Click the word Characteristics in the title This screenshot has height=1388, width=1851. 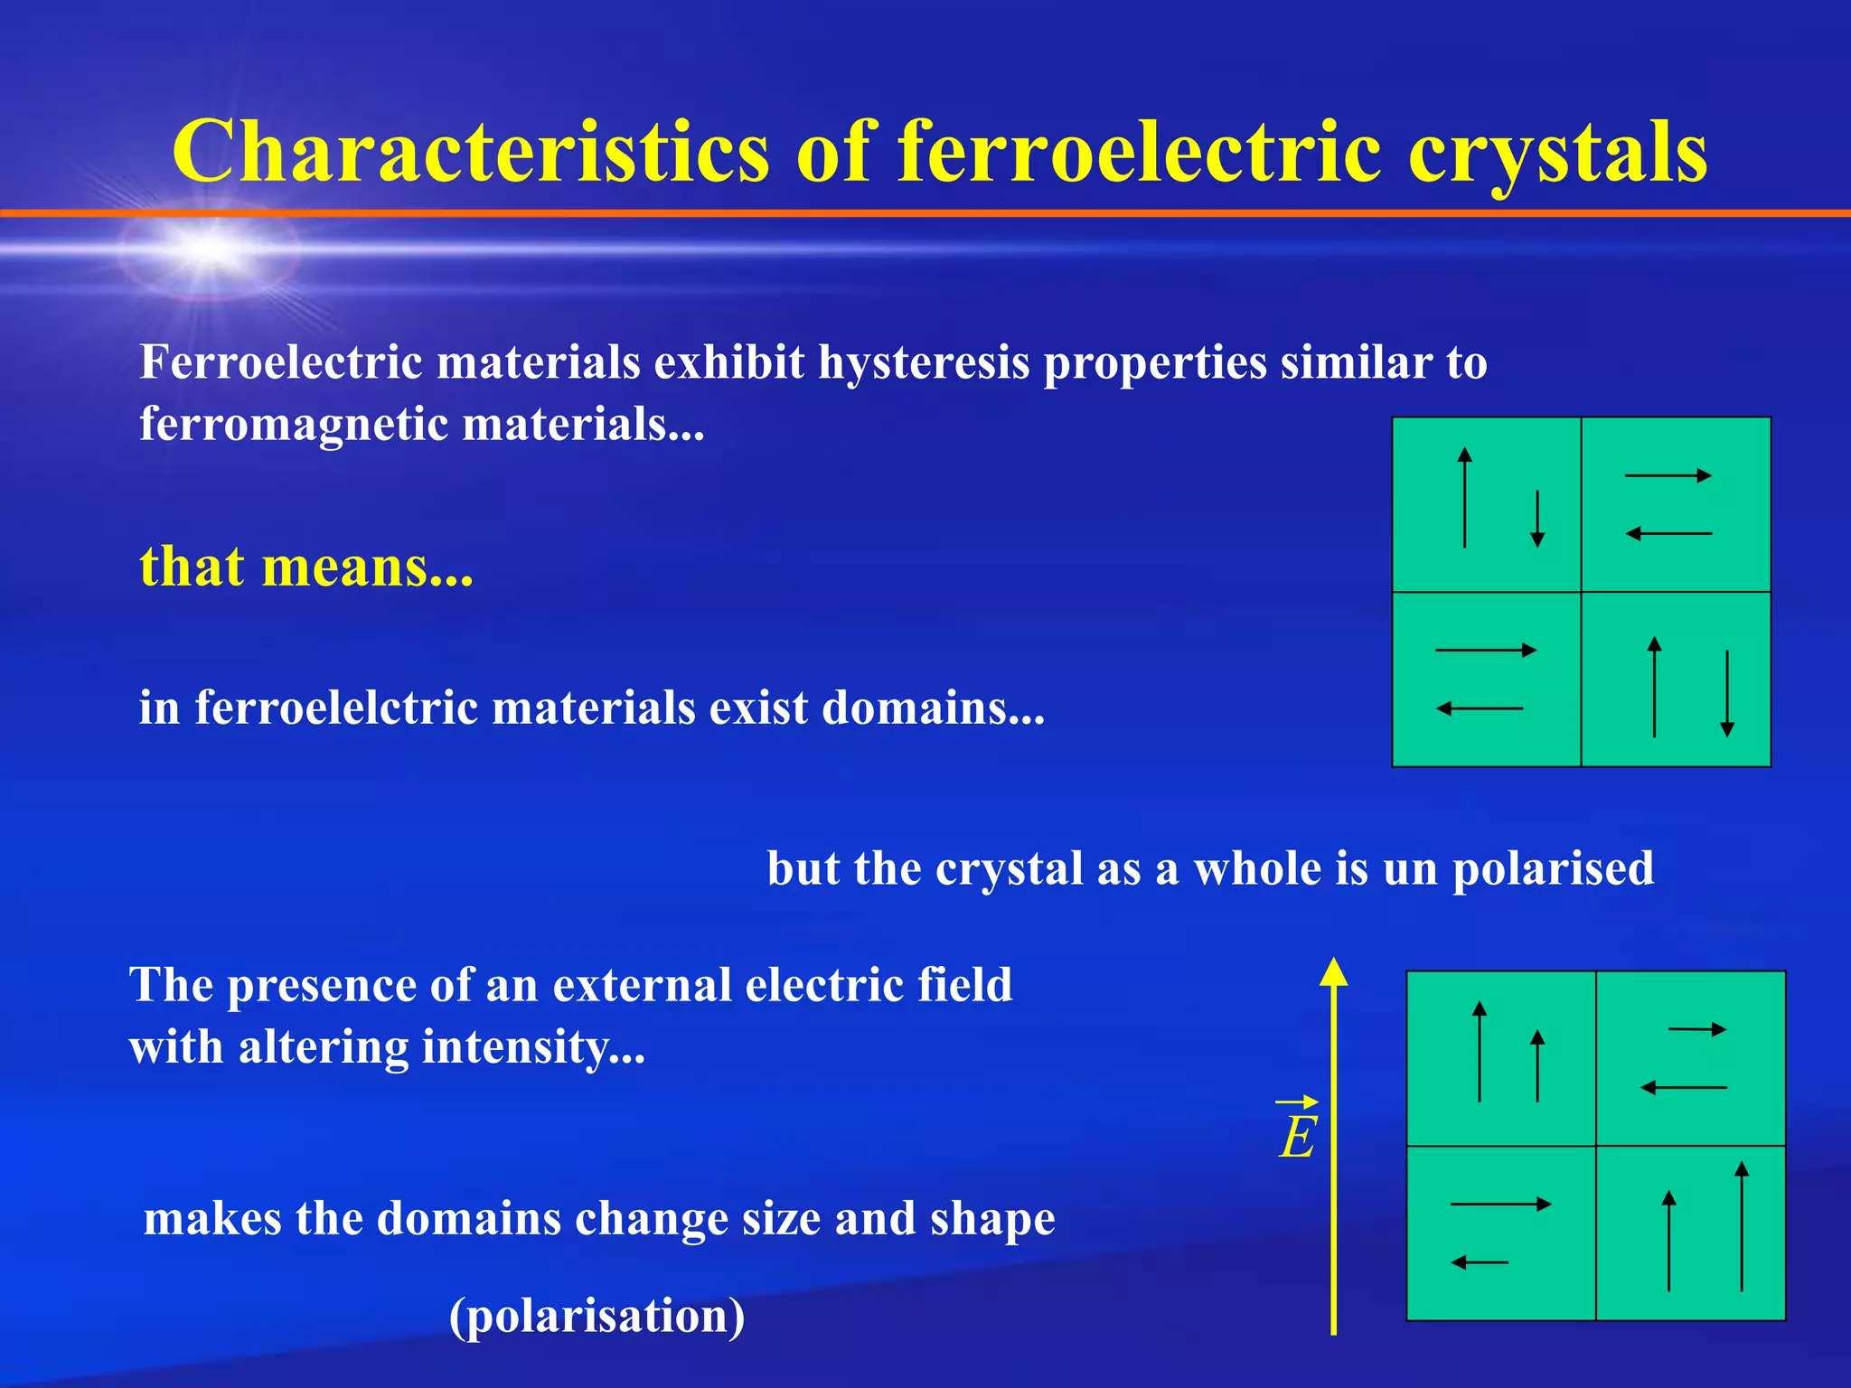click(470, 151)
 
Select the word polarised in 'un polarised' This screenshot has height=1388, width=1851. click(1553, 869)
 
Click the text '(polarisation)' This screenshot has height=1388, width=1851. click(597, 1316)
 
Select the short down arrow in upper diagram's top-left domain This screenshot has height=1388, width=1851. click(1536, 519)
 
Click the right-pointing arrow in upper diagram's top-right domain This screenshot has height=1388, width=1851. click(1668, 475)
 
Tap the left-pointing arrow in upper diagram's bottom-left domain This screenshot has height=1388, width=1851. click(1480, 708)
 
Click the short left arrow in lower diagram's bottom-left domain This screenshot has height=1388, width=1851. click(1480, 1262)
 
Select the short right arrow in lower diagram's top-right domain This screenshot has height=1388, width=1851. click(1697, 1029)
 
